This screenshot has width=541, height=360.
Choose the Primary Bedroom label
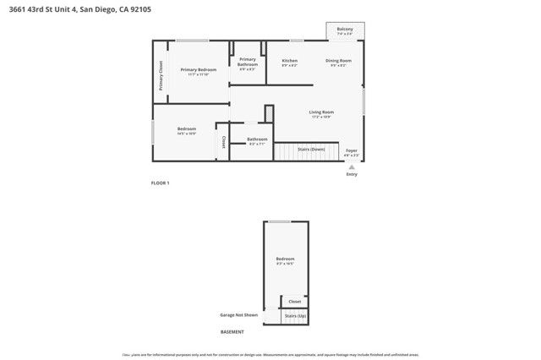199,71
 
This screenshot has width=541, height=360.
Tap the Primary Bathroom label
248,63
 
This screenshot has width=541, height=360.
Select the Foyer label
352,152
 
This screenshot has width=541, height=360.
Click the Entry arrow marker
352,167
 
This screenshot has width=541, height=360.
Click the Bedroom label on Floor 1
187,130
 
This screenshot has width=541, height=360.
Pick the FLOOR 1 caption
160,183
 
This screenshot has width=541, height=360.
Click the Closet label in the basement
295,302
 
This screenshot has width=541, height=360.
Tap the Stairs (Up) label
295,315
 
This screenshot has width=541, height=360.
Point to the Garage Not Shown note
238,315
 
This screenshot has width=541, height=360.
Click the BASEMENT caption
232,332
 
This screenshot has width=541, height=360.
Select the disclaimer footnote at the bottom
270,354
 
